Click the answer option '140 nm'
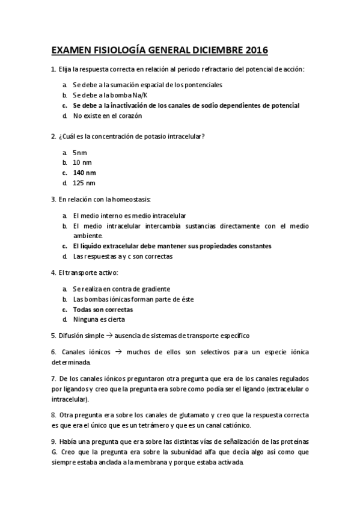pos(84,173)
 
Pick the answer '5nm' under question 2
pos(80,153)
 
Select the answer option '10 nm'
pos(82,163)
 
